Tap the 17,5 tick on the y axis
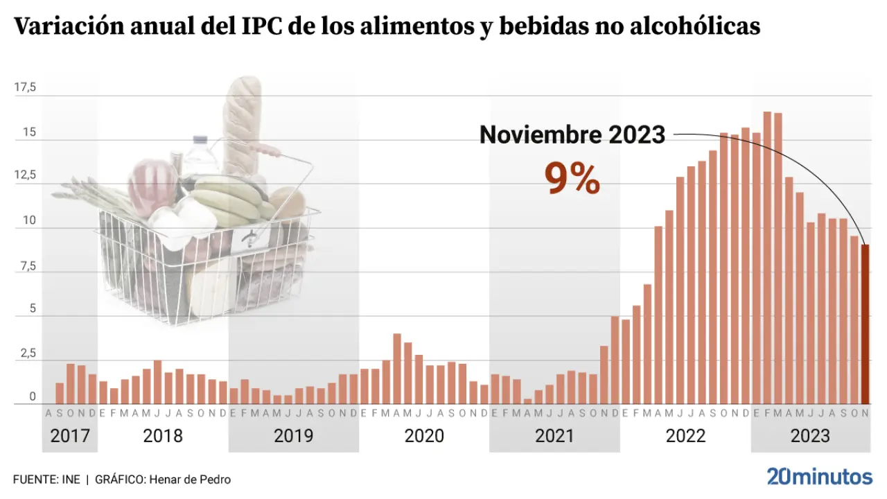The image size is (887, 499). (26, 87)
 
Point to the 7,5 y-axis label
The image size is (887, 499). (26, 265)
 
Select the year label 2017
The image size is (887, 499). (70, 436)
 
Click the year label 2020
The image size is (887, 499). (424, 436)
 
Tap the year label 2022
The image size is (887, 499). (685, 436)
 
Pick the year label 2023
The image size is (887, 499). (811, 436)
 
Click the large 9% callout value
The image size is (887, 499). (572, 179)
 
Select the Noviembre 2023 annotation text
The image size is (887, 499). (572, 134)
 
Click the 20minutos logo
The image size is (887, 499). (819, 477)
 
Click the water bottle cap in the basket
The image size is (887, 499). (200, 139)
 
